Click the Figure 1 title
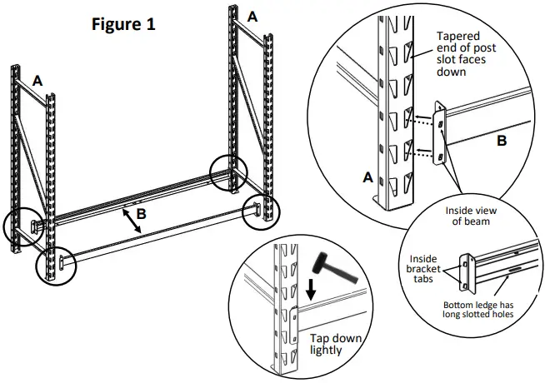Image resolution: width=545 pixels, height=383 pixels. click(x=123, y=24)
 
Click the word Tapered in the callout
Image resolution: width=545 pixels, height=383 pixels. click(x=461, y=37)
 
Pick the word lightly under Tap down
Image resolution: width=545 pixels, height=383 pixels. click(x=327, y=352)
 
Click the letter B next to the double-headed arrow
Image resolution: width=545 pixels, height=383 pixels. click(x=142, y=214)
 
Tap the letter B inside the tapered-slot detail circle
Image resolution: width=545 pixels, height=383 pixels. click(x=501, y=142)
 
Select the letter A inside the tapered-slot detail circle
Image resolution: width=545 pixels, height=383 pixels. click(x=367, y=177)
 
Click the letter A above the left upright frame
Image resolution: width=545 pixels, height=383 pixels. click(x=37, y=80)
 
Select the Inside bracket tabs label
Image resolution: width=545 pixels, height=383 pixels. click(x=420, y=265)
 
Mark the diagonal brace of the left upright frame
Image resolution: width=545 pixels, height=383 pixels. click(x=30, y=158)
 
